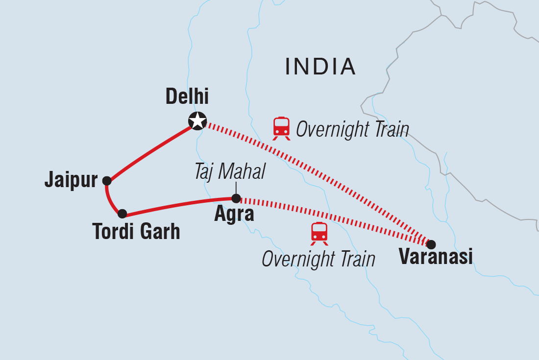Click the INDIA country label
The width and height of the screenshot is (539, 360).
(320, 67)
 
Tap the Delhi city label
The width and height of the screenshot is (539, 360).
(187, 97)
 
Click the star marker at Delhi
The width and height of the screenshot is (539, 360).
(197, 120)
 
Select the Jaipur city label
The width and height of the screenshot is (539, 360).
(71, 181)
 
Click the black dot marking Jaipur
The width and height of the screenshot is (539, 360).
(107, 181)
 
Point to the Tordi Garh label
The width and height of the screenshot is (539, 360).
(136, 231)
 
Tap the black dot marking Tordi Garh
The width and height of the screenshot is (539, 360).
(122, 214)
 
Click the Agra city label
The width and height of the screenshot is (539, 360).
(234, 215)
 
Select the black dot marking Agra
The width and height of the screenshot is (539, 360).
(236, 198)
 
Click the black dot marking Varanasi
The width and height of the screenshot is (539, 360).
(431, 244)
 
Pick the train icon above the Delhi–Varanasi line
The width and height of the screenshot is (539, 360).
(281, 128)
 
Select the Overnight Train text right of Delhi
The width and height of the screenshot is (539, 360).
(352, 130)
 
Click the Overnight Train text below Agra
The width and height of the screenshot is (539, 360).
(318, 259)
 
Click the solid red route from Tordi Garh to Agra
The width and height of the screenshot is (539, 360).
(179, 205)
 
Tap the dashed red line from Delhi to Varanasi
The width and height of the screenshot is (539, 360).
(314, 181)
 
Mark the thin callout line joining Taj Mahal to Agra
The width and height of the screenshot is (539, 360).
(236, 188)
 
